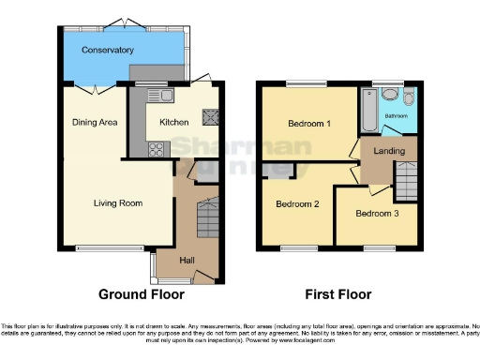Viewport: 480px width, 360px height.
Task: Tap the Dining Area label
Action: pos(94,121)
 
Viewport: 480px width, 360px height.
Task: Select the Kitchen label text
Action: pos(174,122)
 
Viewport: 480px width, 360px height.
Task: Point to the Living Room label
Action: pos(117,202)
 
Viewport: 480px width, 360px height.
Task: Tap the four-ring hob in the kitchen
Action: pos(156,147)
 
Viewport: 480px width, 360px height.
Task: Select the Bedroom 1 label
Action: pos(308,124)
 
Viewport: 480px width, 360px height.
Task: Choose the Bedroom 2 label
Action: pos(297,203)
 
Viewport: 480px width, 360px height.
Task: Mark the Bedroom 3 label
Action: pos(378,213)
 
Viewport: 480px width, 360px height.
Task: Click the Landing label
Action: pos(388,151)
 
